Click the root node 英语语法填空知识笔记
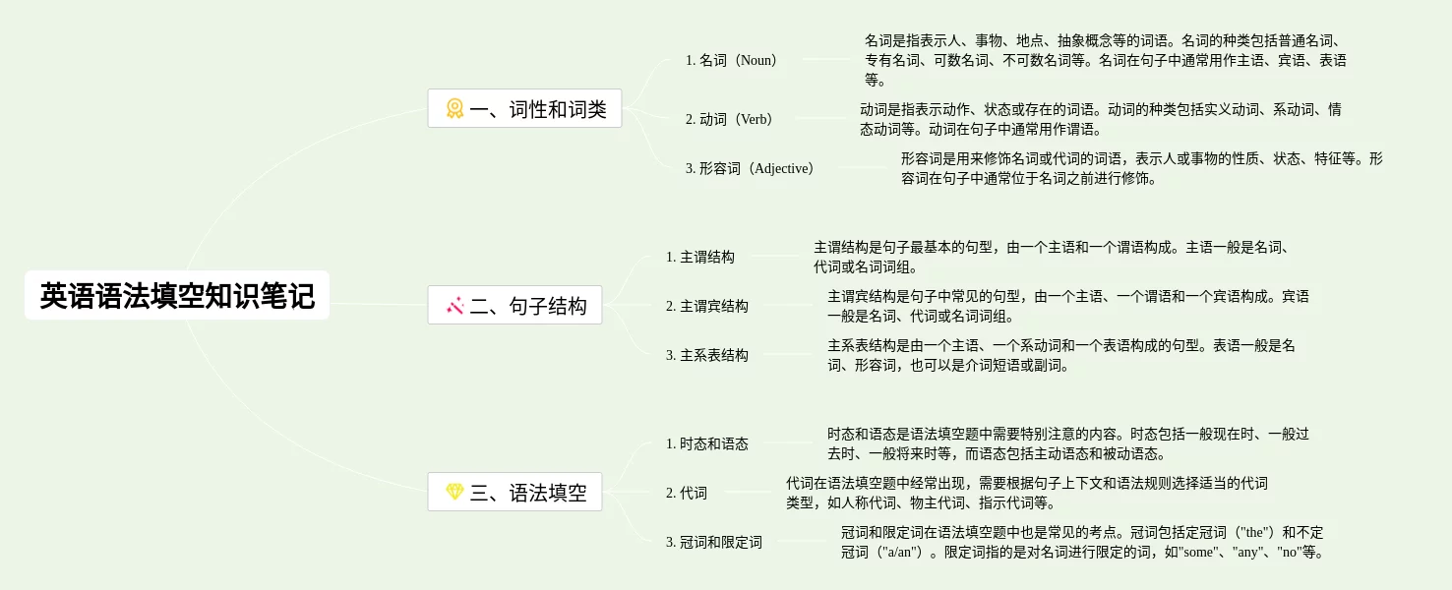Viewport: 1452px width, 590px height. click(x=177, y=295)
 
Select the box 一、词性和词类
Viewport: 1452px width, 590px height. click(x=524, y=109)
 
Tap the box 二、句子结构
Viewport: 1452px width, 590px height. click(x=514, y=306)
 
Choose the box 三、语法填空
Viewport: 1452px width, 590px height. click(x=514, y=493)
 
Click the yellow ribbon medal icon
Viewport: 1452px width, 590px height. click(x=454, y=108)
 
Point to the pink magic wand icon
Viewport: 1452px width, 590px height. click(x=454, y=306)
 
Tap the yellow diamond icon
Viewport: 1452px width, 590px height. click(x=454, y=492)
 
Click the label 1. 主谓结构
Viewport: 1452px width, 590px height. click(x=699, y=257)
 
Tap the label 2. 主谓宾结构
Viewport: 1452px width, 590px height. click(x=706, y=306)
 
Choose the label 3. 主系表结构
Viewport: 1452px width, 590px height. click(x=706, y=355)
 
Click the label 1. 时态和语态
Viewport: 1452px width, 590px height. click(x=706, y=443)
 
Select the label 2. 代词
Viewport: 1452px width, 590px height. click(x=686, y=493)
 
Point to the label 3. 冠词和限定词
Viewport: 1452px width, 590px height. click(x=713, y=542)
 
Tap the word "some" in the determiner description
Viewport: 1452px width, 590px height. click(x=1198, y=552)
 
